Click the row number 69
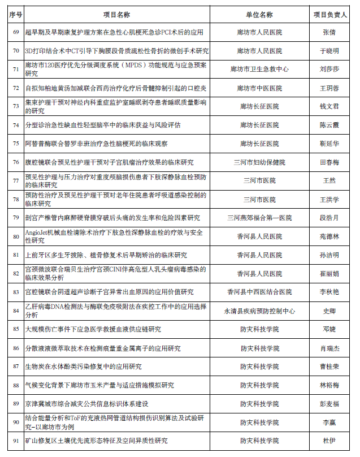tap(16, 32)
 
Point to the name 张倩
tap(329, 32)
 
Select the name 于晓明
tap(329, 51)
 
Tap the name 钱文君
tap(329, 106)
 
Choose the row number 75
tap(16, 144)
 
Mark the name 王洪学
tap(329, 199)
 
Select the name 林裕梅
tap(329, 385)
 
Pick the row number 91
tap(16, 441)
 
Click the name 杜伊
tap(329, 441)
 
